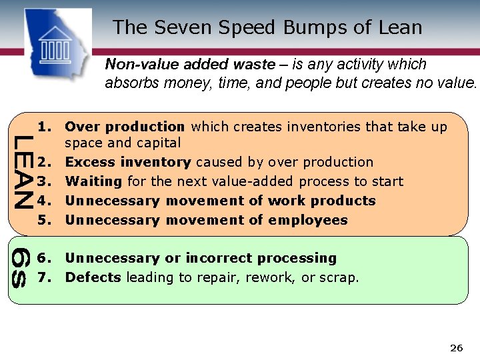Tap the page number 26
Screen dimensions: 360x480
click(x=457, y=348)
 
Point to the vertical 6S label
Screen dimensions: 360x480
click(x=21, y=267)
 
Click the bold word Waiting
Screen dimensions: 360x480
click(x=93, y=181)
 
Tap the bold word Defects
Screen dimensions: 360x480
click(x=93, y=277)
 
